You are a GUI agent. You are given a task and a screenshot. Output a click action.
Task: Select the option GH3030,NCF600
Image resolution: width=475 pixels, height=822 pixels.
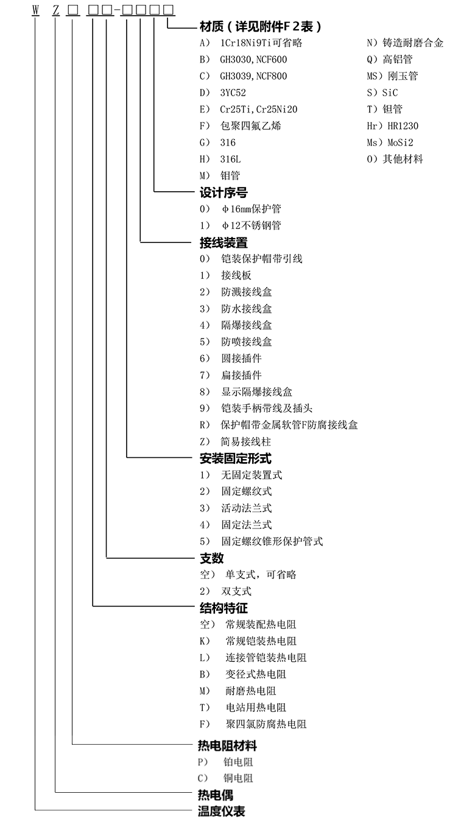253,60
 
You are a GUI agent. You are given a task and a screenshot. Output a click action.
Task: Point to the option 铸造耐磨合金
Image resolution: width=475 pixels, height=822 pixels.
413,43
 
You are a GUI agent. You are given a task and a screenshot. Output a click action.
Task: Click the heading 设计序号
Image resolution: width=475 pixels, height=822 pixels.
223,192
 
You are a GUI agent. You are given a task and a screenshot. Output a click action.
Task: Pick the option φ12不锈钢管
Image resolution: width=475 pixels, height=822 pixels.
251,226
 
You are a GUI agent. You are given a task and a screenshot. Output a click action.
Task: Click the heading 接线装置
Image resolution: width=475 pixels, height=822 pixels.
223,242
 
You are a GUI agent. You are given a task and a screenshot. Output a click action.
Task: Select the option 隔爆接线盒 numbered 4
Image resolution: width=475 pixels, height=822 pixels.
247,325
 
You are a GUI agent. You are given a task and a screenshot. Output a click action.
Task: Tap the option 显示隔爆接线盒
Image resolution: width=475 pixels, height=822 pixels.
256,392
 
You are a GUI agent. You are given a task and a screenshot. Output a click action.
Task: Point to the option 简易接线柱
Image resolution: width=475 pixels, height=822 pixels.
246,441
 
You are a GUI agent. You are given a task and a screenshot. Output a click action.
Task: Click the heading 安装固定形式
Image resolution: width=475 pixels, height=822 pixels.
235,458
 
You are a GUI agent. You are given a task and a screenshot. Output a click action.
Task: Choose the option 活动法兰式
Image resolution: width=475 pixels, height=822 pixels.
246,508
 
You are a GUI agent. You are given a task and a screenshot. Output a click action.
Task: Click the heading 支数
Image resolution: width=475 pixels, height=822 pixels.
211,558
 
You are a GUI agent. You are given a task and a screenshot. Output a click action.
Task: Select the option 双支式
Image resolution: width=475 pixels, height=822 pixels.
236,591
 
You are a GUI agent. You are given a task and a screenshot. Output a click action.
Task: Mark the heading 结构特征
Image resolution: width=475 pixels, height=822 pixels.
223,608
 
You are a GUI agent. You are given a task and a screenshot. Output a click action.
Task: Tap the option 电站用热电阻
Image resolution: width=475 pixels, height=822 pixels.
256,708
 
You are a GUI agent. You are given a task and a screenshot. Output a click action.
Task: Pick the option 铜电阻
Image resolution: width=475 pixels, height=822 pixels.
238,778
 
